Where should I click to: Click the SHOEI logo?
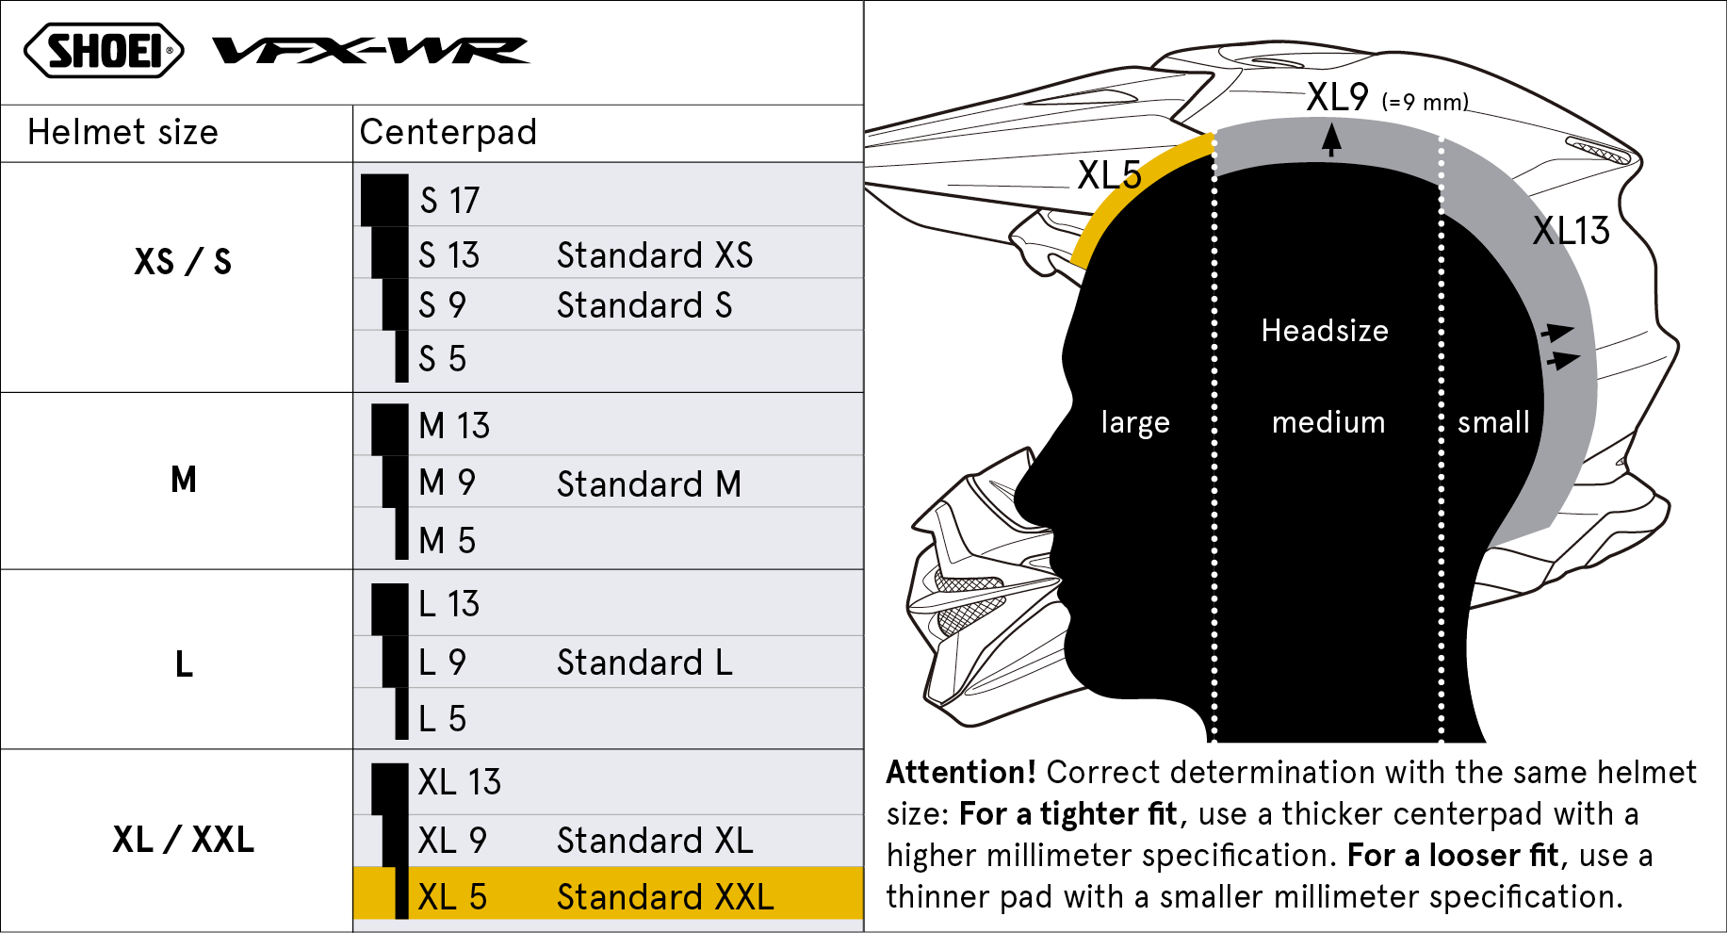point(104,51)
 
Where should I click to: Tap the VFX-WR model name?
point(371,50)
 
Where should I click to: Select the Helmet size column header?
point(122,132)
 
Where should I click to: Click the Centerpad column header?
point(448,133)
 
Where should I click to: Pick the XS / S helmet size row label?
point(183,261)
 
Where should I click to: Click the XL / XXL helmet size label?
point(184,839)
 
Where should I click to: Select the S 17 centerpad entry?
point(449,200)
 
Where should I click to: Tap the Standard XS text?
point(655,255)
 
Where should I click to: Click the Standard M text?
point(649,484)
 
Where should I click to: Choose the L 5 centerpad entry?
point(442,719)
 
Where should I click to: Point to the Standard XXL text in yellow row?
point(665,897)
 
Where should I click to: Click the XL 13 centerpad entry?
point(460,782)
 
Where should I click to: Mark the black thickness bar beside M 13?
point(390,430)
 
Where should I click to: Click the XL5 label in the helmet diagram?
point(1109,175)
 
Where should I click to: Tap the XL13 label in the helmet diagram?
point(1572,231)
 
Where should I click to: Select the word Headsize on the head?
point(1325,331)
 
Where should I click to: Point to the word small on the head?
point(1493,422)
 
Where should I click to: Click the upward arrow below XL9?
point(1331,140)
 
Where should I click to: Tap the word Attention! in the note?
point(961,773)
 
